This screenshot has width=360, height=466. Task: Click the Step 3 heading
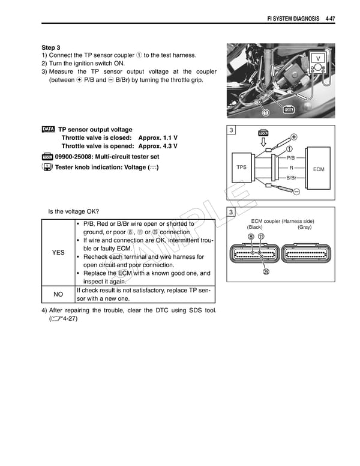pyautogui.click(x=51, y=47)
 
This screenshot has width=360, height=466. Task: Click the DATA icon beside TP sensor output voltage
pyautogui.click(x=48, y=129)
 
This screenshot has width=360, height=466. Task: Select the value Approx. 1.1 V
pyautogui.click(x=157, y=138)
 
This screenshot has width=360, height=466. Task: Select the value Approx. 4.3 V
pyautogui.click(x=157, y=146)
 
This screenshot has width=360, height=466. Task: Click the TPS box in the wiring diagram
pyautogui.click(x=241, y=167)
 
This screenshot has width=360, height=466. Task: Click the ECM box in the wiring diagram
pyautogui.click(x=318, y=169)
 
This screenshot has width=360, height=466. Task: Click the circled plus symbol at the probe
pyautogui.click(x=293, y=136)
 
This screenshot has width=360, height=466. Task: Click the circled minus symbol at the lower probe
pyautogui.click(x=296, y=190)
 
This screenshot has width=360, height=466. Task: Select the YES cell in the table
pyautogui.click(x=58, y=253)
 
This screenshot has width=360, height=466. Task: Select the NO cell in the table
pyautogui.click(x=58, y=294)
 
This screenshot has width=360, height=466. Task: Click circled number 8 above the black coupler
pyautogui.click(x=251, y=236)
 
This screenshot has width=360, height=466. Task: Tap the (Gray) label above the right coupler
pyautogui.click(x=304, y=228)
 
